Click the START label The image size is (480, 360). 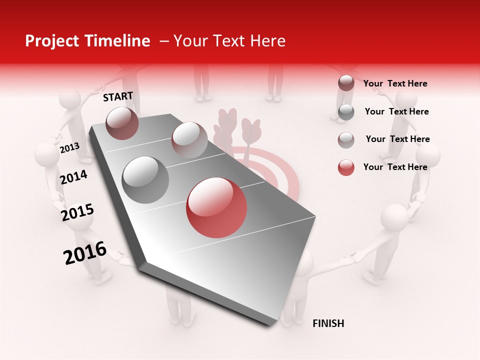point(118,96)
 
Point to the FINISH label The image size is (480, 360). point(328,323)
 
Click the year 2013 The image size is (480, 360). point(69,148)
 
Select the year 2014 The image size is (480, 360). point(73,177)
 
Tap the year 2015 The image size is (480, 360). point(77,212)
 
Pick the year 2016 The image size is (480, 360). point(85,252)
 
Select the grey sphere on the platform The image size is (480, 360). point(145,180)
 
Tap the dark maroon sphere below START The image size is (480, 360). point(122,123)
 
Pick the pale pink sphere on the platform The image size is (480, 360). point(189,140)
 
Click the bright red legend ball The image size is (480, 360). point(346,167)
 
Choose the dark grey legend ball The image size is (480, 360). point(346,112)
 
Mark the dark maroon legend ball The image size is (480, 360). point(346,83)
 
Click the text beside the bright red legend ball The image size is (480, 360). point(395,167)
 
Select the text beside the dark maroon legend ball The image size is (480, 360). point(395,83)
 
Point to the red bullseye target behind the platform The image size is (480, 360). point(280,170)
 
